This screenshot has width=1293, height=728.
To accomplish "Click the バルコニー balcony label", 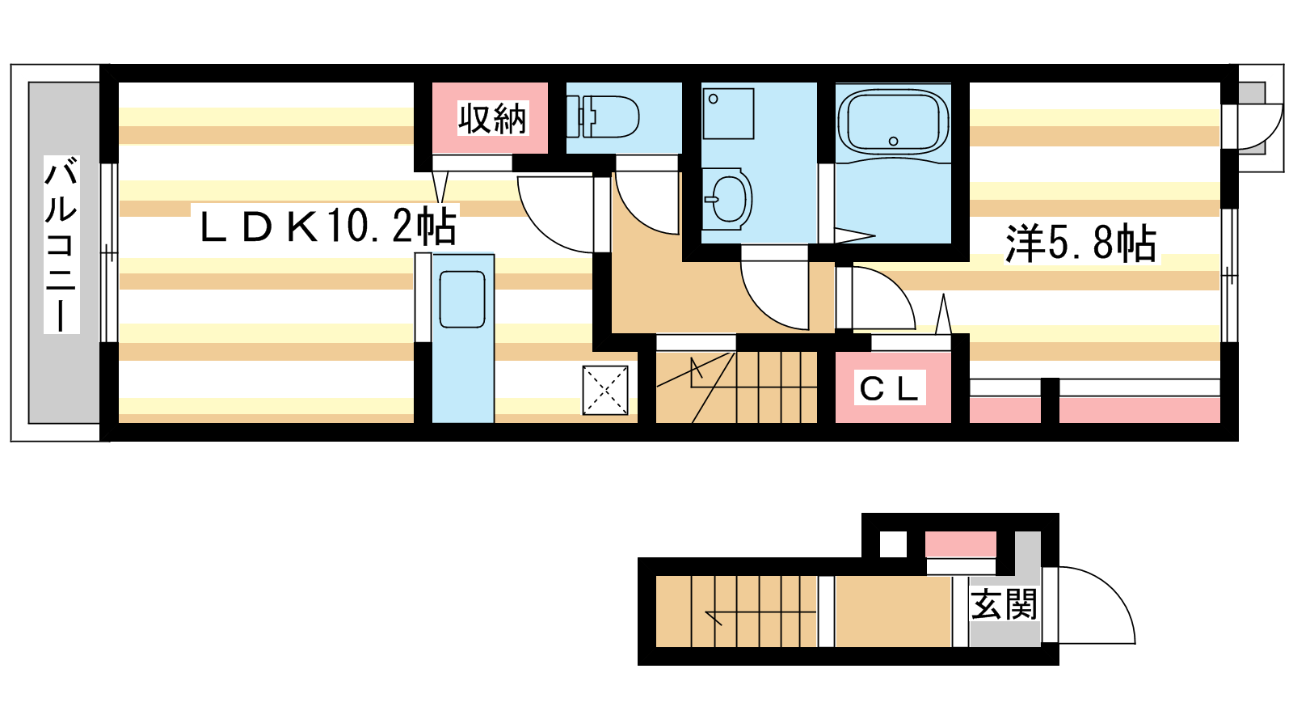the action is pyautogui.click(x=61, y=243).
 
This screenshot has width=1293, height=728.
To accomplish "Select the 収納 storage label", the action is pyautogui.click(x=492, y=118).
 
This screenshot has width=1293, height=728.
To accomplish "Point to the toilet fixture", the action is pyautogui.click(x=603, y=116).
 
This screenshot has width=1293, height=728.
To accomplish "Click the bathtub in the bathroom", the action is pyautogui.click(x=893, y=122).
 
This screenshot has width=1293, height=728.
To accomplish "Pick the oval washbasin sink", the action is pyautogui.click(x=728, y=199).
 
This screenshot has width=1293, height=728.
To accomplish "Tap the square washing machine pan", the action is pyautogui.click(x=728, y=114).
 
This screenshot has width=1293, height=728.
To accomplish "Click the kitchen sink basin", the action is pyautogui.click(x=461, y=299).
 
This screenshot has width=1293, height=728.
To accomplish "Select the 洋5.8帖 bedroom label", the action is pyautogui.click(x=1080, y=243).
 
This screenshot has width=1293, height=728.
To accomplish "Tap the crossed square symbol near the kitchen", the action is pyautogui.click(x=605, y=390).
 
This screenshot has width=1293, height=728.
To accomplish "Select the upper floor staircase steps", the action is pyautogui.click(x=736, y=387).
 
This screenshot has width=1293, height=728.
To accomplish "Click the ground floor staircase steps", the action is pyautogui.click(x=736, y=612).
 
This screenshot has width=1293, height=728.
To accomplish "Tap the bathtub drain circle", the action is pyautogui.click(x=894, y=141).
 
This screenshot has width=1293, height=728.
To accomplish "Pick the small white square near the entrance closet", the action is pyautogui.click(x=893, y=544).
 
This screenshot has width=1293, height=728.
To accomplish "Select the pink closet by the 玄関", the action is pyautogui.click(x=961, y=544).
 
